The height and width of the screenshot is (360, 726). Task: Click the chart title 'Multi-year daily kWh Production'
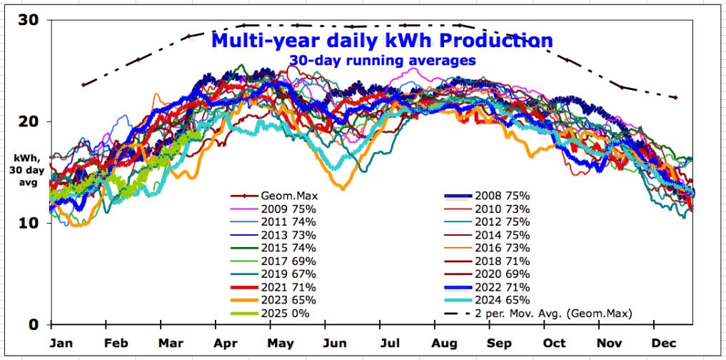pyautogui.click(x=382, y=40)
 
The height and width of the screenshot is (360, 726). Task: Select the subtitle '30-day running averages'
pyautogui.click(x=382, y=60)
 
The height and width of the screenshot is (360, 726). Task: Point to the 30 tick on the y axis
pyautogui.click(x=29, y=20)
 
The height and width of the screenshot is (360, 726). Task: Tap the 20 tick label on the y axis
pyautogui.click(x=29, y=121)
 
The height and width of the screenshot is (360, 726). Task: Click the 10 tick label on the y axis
pyautogui.click(x=29, y=223)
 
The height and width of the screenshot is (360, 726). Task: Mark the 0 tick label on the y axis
pyautogui.click(x=34, y=324)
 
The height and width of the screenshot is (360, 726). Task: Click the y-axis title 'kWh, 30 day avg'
pyautogui.click(x=26, y=169)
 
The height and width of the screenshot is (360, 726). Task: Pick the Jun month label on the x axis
pyautogui.click(x=334, y=344)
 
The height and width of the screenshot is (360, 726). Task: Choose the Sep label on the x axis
pyautogui.click(x=499, y=344)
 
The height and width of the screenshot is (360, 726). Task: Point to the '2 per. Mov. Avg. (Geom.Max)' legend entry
pyautogui.click(x=538, y=313)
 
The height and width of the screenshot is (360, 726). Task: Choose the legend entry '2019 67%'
pyautogui.click(x=273, y=274)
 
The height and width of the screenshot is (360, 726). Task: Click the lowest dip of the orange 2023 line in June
pyautogui.click(x=343, y=189)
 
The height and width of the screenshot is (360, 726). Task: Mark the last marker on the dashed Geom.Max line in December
pyautogui.click(x=675, y=98)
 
